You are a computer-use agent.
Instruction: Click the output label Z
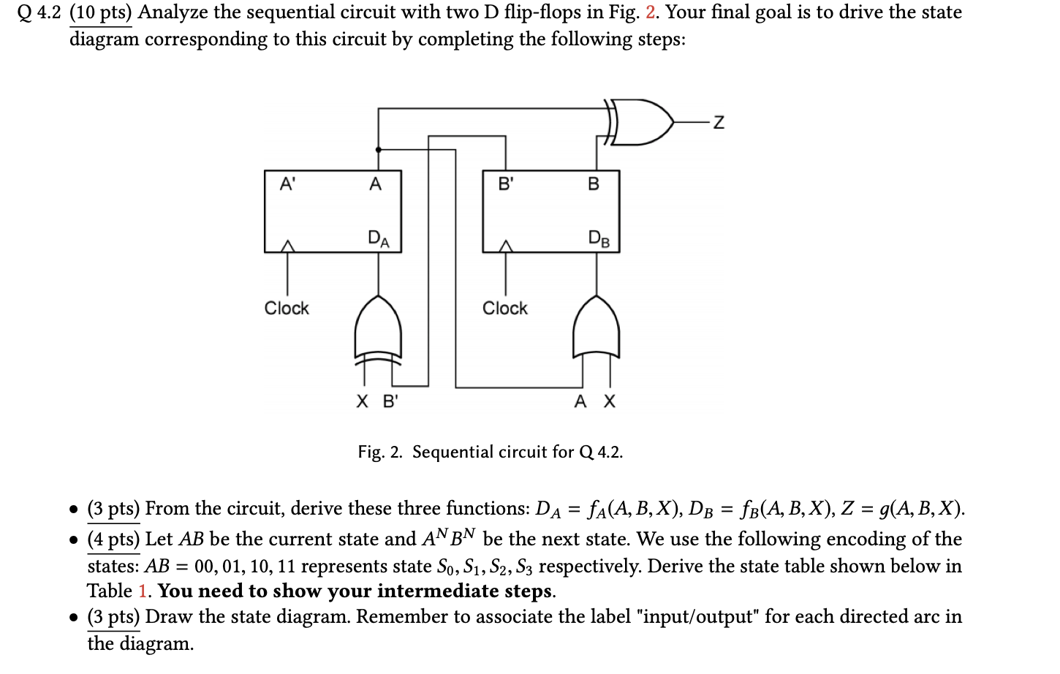719,123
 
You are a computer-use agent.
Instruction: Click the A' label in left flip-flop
288,183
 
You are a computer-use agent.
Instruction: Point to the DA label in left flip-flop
379,238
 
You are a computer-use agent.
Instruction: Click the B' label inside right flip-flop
506,183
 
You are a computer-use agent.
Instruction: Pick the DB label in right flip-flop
598,238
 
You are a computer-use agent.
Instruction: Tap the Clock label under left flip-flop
287,308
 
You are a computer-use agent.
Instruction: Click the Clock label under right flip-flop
505,308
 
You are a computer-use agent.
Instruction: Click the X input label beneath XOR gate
363,401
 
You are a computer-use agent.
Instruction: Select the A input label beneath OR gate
580,401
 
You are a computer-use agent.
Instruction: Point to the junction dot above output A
378,149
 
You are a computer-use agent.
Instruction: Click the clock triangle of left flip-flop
288,246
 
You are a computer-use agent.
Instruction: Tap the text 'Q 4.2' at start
39,12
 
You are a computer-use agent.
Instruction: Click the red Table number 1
143,591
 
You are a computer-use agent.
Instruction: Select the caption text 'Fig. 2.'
379,452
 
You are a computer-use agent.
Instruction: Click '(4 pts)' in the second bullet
113,539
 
